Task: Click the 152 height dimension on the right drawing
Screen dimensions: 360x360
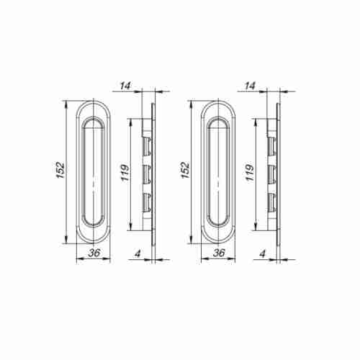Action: [x=185, y=170]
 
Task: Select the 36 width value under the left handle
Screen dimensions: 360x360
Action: [x=92, y=253]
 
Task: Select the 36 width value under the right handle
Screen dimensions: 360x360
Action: [x=217, y=253]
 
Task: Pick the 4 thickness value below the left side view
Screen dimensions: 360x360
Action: [x=138, y=253]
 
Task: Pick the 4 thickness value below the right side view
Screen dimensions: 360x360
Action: [x=263, y=253]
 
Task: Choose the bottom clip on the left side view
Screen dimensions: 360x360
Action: [x=147, y=200]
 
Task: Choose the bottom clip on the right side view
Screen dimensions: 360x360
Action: [x=271, y=200]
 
